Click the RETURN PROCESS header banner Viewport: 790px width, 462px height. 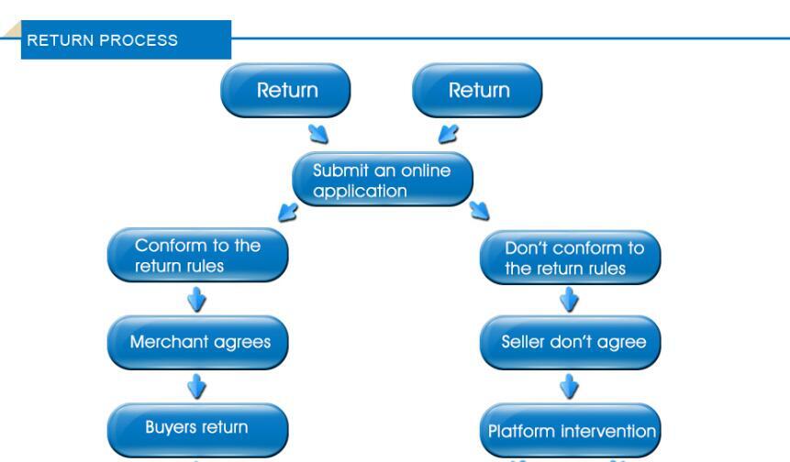click(x=126, y=39)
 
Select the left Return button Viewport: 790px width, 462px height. click(x=285, y=91)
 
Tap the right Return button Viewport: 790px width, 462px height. click(x=478, y=91)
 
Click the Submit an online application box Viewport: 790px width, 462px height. click(x=383, y=179)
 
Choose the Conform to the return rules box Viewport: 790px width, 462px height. click(x=198, y=255)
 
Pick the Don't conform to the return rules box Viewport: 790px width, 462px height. click(x=571, y=258)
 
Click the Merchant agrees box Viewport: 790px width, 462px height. click(x=198, y=343)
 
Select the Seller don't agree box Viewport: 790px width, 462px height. click(x=571, y=343)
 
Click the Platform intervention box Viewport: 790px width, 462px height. click(x=571, y=430)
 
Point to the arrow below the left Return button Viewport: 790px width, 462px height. click(x=318, y=134)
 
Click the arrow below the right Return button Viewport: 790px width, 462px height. click(x=449, y=134)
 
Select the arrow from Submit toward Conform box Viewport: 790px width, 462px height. click(x=288, y=212)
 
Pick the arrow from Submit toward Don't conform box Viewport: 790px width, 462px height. click(x=479, y=210)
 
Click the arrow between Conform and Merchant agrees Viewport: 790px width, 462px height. click(x=196, y=300)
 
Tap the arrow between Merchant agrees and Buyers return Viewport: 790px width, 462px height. click(x=196, y=387)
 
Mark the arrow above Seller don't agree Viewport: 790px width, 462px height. click(x=569, y=300)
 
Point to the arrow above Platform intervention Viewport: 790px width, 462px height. click(x=569, y=387)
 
